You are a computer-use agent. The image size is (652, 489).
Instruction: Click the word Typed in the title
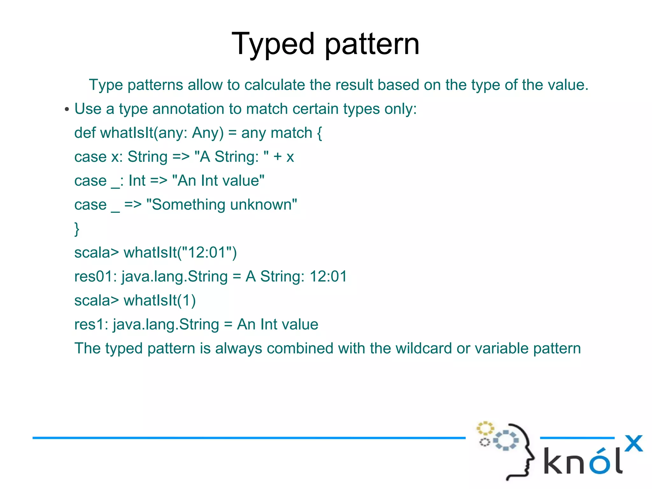click(273, 45)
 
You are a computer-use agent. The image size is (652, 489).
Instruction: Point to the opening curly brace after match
click(320, 133)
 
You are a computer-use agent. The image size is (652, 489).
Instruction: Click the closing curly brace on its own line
click(77, 229)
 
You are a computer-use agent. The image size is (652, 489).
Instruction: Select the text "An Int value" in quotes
click(218, 181)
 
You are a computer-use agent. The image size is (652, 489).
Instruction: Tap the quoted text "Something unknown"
click(221, 205)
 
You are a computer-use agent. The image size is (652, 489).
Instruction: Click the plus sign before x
click(278, 157)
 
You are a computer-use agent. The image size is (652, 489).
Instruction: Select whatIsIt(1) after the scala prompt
click(159, 301)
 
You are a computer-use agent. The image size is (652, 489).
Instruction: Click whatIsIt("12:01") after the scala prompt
click(180, 253)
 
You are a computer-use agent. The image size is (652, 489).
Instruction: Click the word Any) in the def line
click(208, 133)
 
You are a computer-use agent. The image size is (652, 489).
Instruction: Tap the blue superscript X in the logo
click(634, 443)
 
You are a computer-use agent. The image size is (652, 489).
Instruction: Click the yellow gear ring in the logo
click(485, 428)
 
